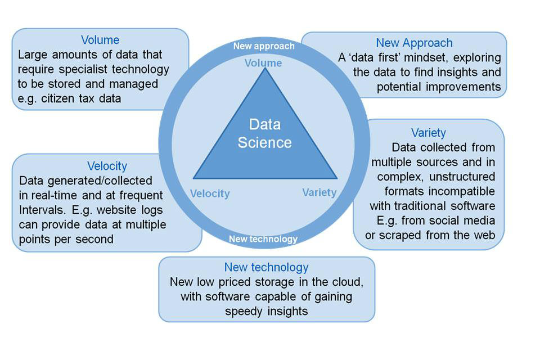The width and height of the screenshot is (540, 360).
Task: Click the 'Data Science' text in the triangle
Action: tap(264, 134)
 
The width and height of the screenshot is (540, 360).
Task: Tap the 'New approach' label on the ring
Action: tap(264, 46)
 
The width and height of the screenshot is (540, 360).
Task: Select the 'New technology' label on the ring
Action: tap(263, 238)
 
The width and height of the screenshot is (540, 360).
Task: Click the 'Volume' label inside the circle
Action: tap(263, 63)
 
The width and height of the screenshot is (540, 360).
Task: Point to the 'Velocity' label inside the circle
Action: tap(210, 193)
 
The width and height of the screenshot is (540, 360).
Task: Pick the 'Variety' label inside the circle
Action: tap(319, 192)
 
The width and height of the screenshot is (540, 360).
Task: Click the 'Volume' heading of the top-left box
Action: tap(100, 40)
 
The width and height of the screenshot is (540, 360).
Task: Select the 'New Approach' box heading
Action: tap(414, 43)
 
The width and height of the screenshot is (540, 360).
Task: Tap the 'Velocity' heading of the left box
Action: tap(107, 166)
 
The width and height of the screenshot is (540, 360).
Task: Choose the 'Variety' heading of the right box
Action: tap(429, 133)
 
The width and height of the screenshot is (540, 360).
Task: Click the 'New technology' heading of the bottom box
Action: tap(266, 267)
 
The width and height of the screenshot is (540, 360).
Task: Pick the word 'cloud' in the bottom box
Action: tap(347, 282)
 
